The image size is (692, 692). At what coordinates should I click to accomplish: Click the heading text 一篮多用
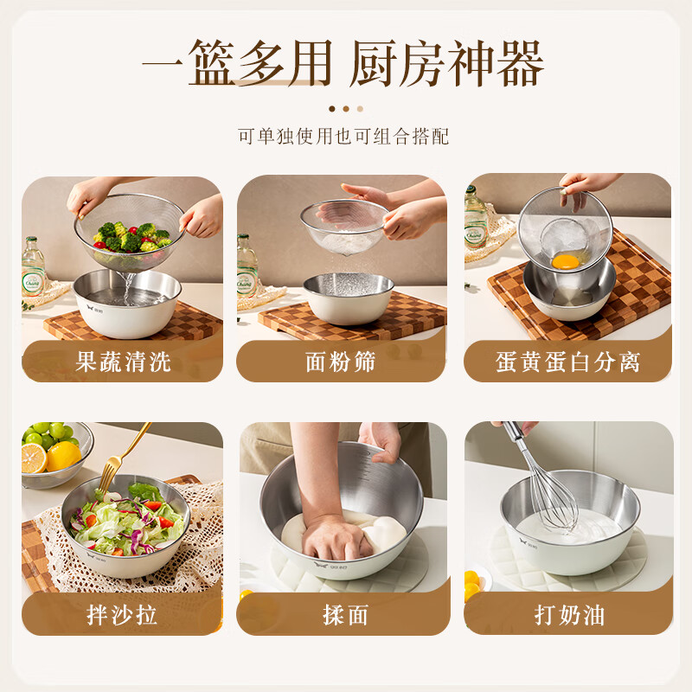[236, 63]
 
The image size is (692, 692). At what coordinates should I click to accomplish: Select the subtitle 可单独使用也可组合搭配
[344, 137]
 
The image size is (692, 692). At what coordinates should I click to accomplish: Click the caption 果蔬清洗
[123, 362]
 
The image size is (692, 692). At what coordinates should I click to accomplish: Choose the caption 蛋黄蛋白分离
[568, 362]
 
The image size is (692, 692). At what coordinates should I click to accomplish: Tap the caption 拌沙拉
[123, 615]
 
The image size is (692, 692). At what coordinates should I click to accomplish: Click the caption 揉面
[344, 615]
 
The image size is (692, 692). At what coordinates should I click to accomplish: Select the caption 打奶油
[568, 615]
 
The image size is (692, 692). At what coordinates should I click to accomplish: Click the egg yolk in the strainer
[565, 260]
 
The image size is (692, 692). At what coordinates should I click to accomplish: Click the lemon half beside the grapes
[63, 456]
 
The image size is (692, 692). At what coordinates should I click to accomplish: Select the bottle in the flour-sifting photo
[247, 266]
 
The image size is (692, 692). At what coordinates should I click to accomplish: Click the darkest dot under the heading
[331, 109]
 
